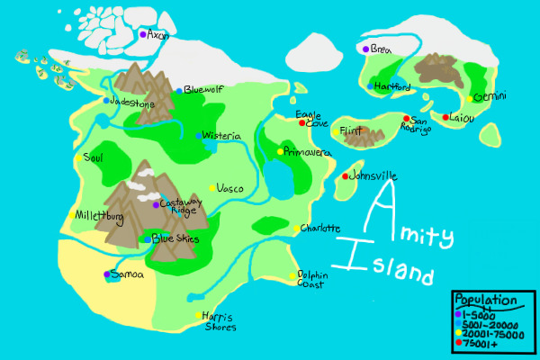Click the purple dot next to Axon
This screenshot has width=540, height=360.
point(142,34)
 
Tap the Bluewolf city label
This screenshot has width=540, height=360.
point(202,89)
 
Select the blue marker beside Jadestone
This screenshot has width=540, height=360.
point(106,101)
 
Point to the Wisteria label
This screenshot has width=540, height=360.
point(221,136)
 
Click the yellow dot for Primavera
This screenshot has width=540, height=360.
point(280,152)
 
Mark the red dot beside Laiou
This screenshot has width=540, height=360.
point(445,117)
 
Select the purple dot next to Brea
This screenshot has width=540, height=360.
point(365,49)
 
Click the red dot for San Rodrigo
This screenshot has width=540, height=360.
point(407,119)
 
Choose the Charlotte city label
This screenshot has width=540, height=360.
point(321,229)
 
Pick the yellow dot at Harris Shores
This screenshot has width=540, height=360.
point(199,315)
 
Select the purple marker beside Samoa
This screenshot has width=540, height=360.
point(106,274)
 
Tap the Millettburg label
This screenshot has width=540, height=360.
point(99,216)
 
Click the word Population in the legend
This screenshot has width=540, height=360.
point(485,300)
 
